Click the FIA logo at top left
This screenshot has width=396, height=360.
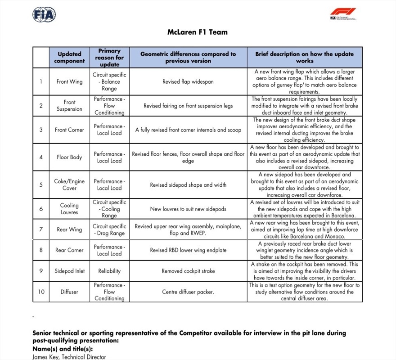pos(44,15)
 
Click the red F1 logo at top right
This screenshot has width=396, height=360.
pos(343,13)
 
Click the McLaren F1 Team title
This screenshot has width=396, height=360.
pos(198,32)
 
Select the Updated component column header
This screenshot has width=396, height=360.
pos(69,57)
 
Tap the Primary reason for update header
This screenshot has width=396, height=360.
pos(109,57)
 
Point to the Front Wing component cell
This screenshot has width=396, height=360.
pos(69,81)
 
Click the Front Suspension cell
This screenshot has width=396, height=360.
pos(69,106)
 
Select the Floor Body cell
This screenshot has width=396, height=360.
pos(69,157)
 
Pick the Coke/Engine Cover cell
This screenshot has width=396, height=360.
pos(69,184)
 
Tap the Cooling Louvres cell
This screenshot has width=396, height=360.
pos(69,209)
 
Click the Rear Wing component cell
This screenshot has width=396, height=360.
pos(69,229)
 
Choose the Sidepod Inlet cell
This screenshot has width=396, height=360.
pos(69,271)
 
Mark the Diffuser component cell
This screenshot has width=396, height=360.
pos(69,292)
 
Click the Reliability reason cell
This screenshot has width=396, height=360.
pos(109,271)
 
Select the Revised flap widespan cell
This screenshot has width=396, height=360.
pos(188,82)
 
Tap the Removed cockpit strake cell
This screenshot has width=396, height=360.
pos(188,271)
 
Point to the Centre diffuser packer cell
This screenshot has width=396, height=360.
pos(188,292)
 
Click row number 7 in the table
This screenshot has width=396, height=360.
pos(41,229)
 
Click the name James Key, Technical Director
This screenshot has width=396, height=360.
pos(69,357)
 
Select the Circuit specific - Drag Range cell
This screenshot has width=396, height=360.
pos(109,229)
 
